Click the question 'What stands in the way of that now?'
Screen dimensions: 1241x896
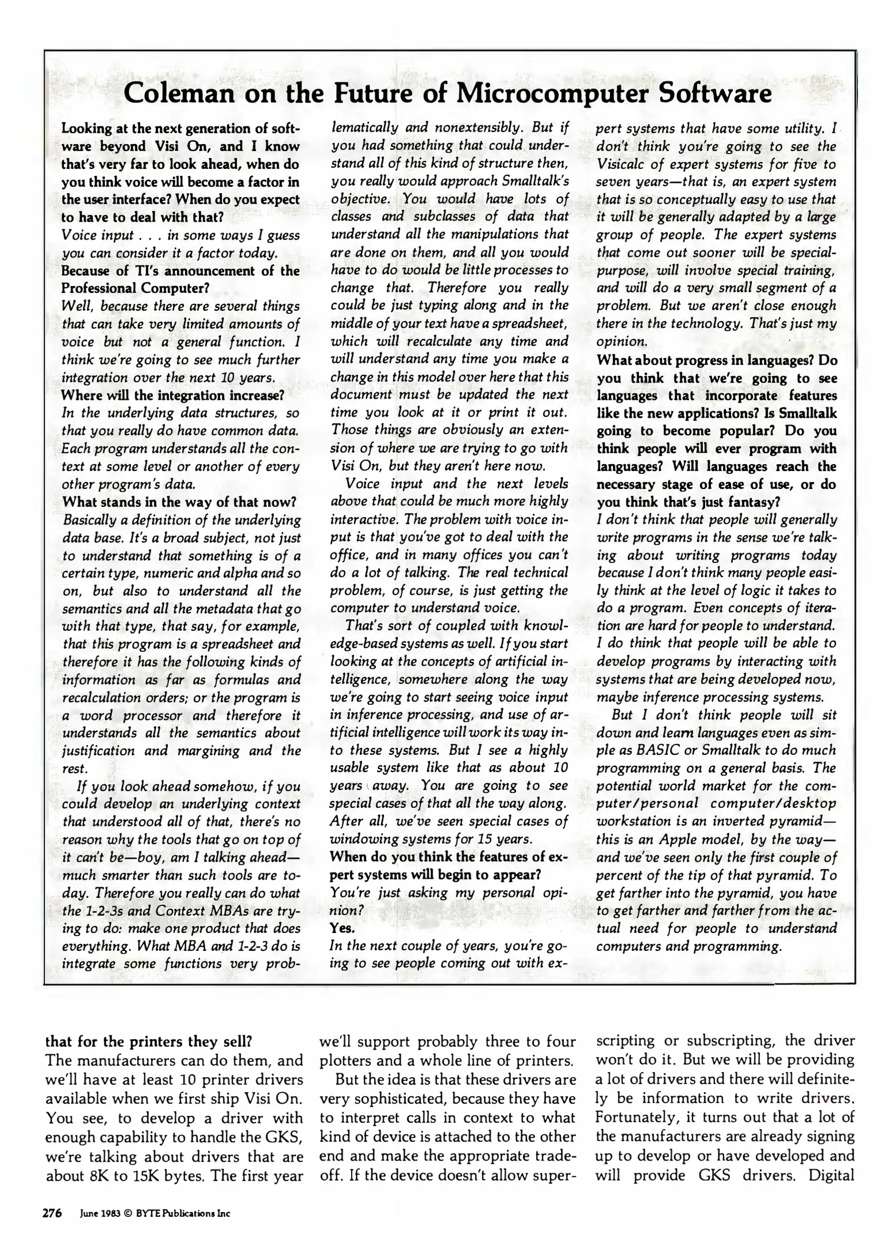click(179, 502)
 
